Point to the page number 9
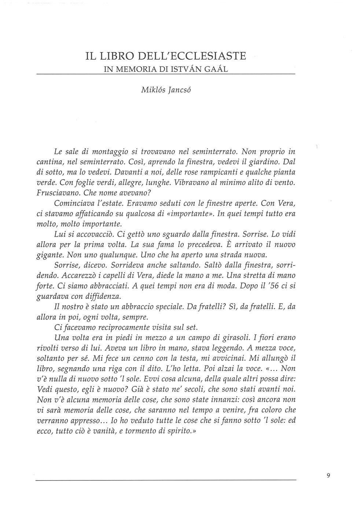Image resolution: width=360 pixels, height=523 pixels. point(328,476)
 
